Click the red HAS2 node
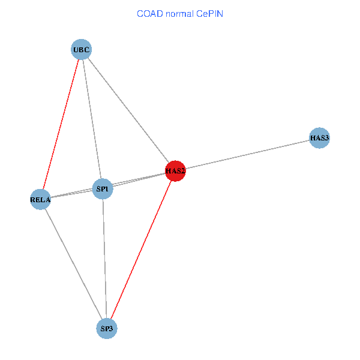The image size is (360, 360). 175,171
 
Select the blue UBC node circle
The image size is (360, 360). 82,50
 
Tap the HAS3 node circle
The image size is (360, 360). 320,138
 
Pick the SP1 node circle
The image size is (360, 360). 103,190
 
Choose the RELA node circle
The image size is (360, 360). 40,199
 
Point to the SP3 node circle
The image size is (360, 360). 107,328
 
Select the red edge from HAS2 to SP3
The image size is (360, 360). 141,250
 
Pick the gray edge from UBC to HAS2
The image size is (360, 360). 128,110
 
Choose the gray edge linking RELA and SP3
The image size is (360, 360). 73,264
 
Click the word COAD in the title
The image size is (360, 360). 150,13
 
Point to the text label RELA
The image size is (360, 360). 40,199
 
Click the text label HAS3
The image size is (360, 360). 320,138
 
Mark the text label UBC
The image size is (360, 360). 82,50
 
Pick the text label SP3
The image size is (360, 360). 107,328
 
